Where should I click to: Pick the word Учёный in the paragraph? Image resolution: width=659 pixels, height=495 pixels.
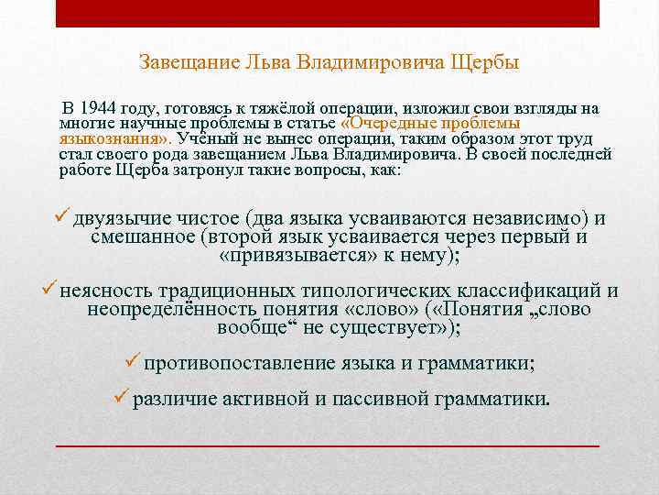(x=210, y=138)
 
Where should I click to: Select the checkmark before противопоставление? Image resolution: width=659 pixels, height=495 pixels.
(x=132, y=363)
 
